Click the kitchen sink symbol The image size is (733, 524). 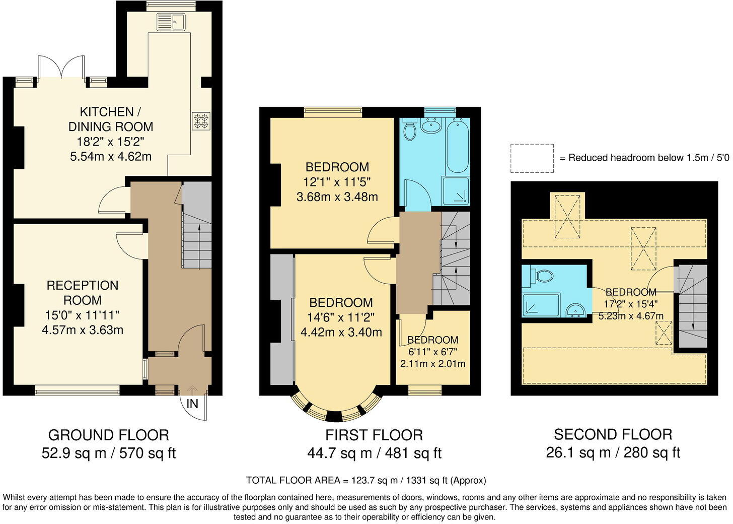171,22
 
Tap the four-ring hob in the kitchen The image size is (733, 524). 201,121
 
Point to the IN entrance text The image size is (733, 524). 192,404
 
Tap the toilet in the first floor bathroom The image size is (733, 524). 410,130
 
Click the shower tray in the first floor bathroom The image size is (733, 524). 456,191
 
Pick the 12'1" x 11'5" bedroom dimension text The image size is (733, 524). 337,182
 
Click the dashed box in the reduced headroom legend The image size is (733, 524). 532,158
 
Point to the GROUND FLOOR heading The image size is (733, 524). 108,435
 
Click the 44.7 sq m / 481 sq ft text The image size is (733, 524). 374,453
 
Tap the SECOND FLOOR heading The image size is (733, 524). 613,434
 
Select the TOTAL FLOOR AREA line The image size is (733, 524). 366,480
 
